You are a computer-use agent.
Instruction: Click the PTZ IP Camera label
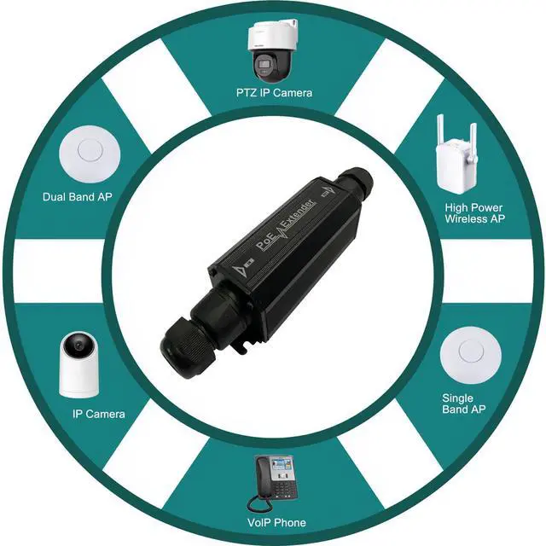pyautogui.click(x=273, y=92)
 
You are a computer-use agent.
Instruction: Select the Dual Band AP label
pyautogui.click(x=78, y=196)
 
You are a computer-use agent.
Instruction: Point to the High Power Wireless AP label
pyautogui.click(x=473, y=212)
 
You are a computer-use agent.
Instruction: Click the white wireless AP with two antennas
pyautogui.click(x=455, y=162)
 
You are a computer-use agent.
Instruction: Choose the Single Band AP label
pyautogui.click(x=464, y=404)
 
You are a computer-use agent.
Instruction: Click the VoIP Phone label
pyautogui.click(x=276, y=522)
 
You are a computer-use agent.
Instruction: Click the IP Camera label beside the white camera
pyautogui.click(x=99, y=414)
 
